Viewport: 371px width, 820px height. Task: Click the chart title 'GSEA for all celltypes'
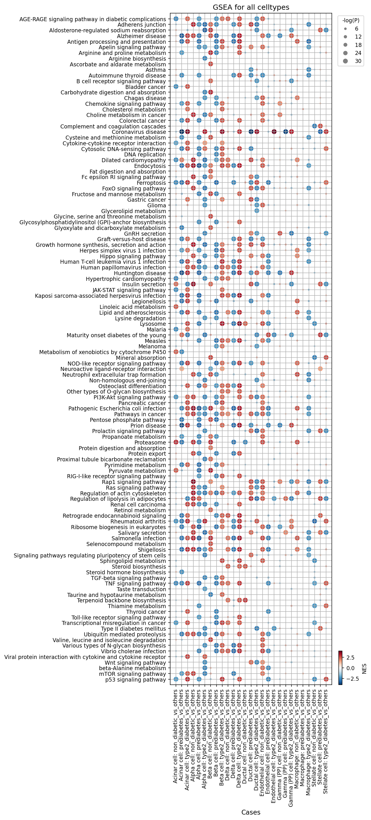(x=251, y=7)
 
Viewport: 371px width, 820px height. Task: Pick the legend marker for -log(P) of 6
(x=345, y=29)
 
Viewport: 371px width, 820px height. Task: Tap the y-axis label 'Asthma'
(x=156, y=70)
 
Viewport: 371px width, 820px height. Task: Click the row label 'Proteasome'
(x=150, y=442)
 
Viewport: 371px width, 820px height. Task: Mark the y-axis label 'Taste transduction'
(x=141, y=589)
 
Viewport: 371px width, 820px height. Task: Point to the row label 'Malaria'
(x=156, y=329)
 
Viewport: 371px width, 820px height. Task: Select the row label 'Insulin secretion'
(x=144, y=284)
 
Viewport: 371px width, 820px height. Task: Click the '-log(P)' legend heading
(x=351, y=20)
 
